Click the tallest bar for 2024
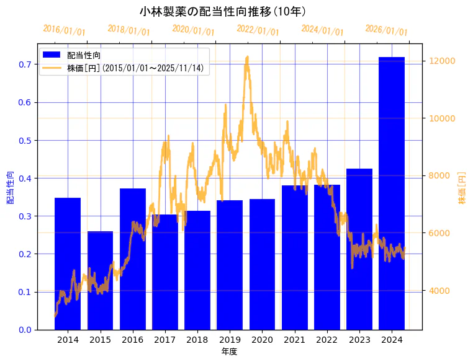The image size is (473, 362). [392, 193]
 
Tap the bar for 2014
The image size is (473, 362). [68, 263]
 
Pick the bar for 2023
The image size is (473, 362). [359, 249]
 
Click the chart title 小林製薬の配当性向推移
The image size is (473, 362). [223, 11]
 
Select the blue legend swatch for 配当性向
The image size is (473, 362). [51, 55]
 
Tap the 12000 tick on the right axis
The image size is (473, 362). [439, 61]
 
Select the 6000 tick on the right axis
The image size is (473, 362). [437, 233]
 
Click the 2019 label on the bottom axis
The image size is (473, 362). [230, 340]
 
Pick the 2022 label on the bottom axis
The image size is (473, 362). [327, 340]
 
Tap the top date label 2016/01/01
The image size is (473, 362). [64, 30]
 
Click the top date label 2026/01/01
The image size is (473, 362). [386, 30]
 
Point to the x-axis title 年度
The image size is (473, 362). [229, 351]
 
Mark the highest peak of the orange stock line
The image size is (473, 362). [248, 57]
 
